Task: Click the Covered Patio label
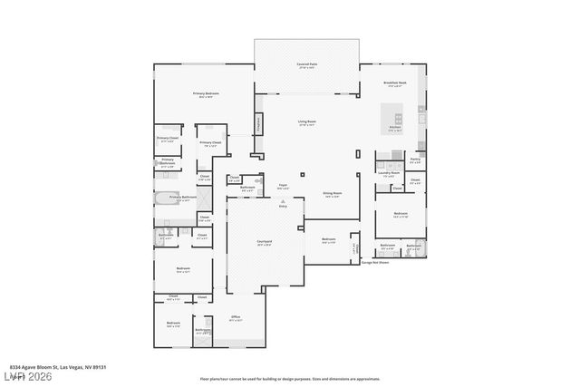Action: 306,65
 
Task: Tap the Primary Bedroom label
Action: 206,94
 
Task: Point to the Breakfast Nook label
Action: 395,83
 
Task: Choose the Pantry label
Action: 415,160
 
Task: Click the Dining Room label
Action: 333,194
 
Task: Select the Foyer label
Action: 284,187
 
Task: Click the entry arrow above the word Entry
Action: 283,201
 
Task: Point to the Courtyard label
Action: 265,242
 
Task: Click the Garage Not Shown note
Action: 374,263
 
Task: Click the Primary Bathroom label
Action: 183,198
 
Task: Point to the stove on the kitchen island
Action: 396,118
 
